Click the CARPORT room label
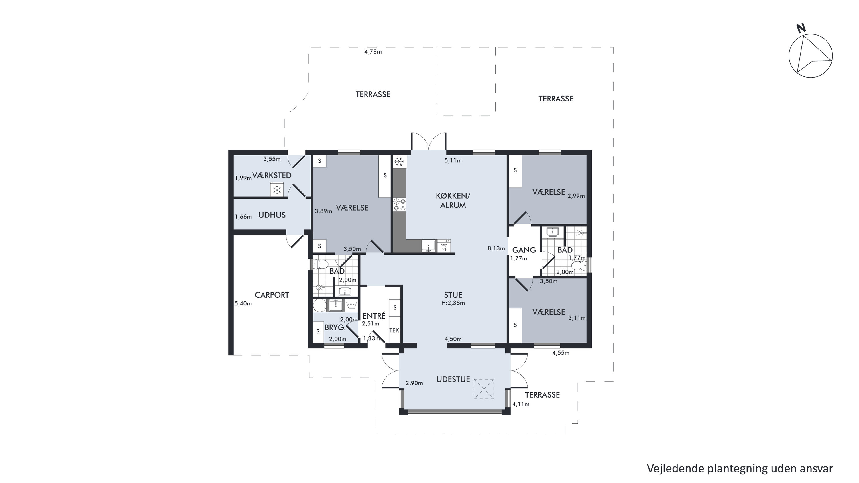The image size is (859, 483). point(272,295)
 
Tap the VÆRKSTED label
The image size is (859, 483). point(272,175)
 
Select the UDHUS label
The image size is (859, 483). point(272,215)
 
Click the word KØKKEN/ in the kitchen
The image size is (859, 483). point(453,195)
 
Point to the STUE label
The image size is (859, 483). point(453,295)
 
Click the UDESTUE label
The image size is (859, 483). point(453,379)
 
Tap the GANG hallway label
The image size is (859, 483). point(524,250)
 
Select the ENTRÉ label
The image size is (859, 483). point(374,315)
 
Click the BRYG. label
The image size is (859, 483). point(335,327)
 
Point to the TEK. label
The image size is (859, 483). point(395,331)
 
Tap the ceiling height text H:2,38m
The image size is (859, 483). point(453,303)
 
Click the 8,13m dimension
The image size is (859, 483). point(496,248)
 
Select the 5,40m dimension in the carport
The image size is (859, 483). point(243,304)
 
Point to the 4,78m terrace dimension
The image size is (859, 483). point(373,52)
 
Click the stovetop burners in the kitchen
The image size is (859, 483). point(400,205)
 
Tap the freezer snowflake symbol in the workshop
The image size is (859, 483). point(276,190)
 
